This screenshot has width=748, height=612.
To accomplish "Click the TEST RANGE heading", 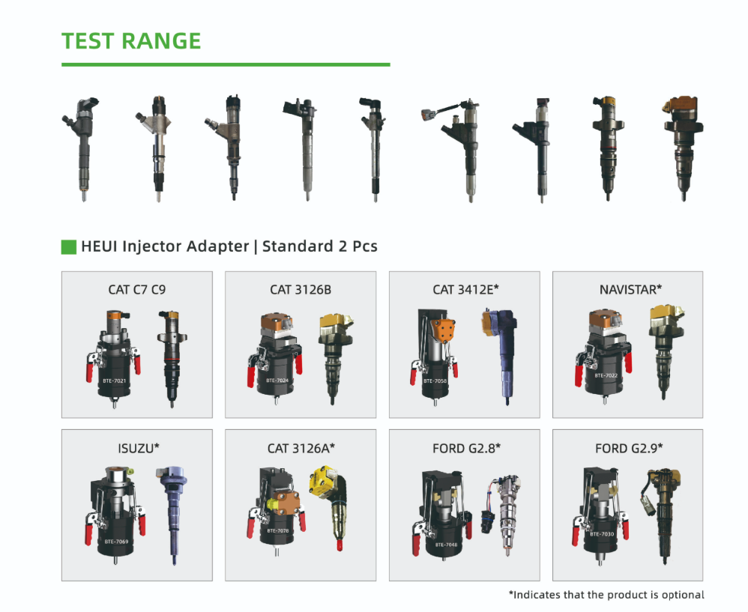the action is (131, 41).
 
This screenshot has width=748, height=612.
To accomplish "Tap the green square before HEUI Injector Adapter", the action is (69, 247).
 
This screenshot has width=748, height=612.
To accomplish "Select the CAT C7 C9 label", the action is (137, 290).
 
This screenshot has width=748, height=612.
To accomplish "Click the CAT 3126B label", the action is (301, 290).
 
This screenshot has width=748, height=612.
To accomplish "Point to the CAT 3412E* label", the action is (465, 289).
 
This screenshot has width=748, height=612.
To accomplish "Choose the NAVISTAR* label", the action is (630, 289).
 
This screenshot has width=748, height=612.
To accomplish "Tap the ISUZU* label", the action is (139, 448).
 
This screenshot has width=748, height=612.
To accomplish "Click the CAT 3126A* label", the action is (301, 448).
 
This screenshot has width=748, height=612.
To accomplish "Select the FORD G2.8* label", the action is (466, 448).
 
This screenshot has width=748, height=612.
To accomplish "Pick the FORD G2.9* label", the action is (629, 448).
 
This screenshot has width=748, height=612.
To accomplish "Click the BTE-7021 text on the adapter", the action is (115, 381).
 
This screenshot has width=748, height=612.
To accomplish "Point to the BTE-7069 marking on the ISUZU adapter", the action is (116, 542).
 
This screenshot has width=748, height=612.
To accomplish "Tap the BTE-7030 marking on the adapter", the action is (602, 534).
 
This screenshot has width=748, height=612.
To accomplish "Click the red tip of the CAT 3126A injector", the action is (340, 545).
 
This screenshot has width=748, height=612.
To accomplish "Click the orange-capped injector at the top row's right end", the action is (683, 148).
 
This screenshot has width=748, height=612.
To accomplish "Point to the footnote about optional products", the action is (606, 595).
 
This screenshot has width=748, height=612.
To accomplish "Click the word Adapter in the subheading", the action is (217, 246).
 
